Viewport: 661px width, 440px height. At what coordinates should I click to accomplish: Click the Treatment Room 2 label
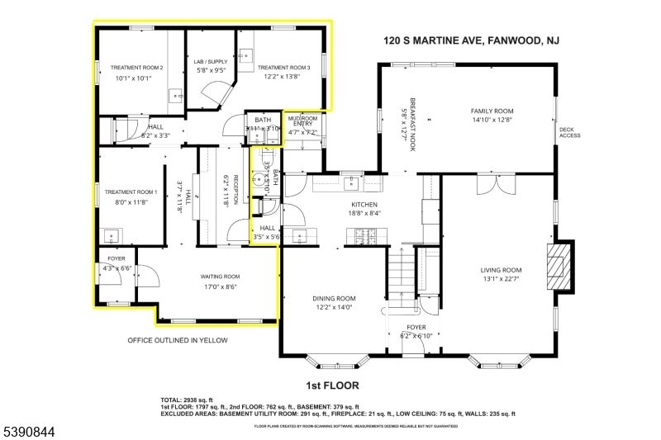139,68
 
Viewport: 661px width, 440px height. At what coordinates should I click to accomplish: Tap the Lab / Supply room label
210,62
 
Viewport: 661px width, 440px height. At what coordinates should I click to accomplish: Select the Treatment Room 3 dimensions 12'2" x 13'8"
283,78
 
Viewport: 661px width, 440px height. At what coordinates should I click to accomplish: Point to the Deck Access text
570,132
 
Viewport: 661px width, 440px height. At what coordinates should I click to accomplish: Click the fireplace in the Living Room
561,266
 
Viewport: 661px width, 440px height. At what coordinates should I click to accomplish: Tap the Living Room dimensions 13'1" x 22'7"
502,279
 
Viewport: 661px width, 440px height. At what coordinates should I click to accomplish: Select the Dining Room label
334,298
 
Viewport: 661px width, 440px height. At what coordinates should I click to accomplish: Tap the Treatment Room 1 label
131,192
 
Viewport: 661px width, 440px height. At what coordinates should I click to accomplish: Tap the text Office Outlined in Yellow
177,340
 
